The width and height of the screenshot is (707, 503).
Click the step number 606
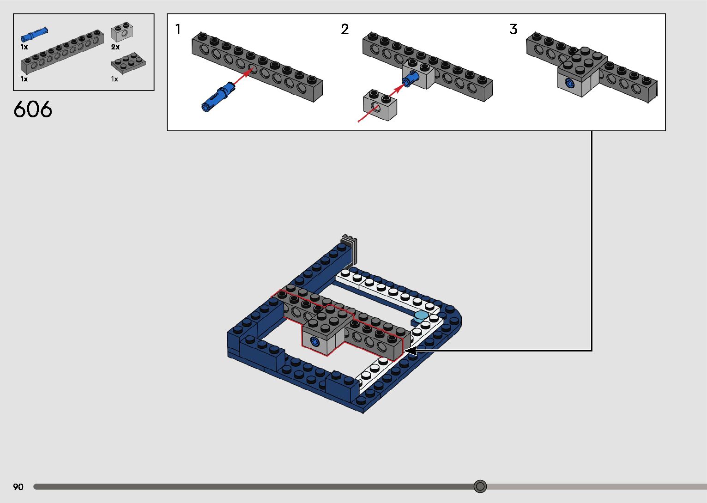tap(33, 109)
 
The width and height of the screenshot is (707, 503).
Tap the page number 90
tap(18, 487)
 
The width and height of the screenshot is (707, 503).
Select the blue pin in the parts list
tap(34, 35)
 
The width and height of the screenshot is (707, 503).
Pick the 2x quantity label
tap(115, 47)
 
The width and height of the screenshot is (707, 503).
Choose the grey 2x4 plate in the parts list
tap(128, 62)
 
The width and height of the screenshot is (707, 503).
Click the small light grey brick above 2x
tap(122, 32)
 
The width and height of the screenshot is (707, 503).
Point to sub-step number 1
tap(178, 30)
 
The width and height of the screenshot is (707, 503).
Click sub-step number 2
tap(344, 30)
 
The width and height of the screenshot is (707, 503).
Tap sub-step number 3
tap(513, 30)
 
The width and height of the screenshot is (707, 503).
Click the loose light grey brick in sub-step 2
tap(380, 106)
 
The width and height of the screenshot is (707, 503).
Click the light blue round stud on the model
tap(421, 316)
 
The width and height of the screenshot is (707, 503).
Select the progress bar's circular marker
tap(480, 486)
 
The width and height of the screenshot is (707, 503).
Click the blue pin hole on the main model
tap(315, 342)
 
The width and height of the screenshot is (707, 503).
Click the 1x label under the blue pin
tap(24, 47)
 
